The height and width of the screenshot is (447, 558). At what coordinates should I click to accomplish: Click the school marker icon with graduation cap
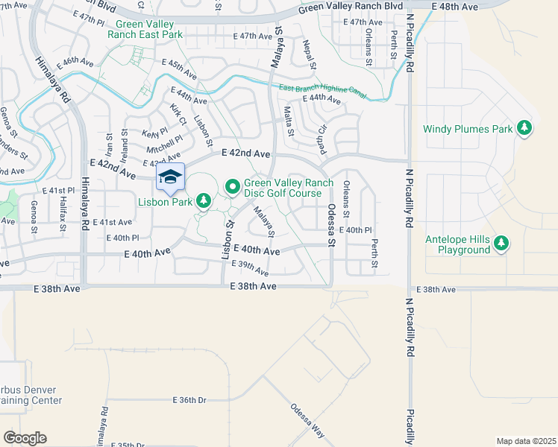(170, 177)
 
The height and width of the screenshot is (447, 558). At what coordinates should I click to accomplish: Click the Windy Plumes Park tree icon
(525, 129)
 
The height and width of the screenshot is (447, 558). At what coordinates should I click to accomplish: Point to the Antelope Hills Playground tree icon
(502, 244)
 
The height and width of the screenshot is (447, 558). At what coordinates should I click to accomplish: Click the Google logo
(25, 438)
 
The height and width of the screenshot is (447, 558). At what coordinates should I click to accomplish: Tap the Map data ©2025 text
(526, 441)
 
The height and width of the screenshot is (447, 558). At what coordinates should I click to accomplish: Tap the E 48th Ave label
(459, 7)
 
